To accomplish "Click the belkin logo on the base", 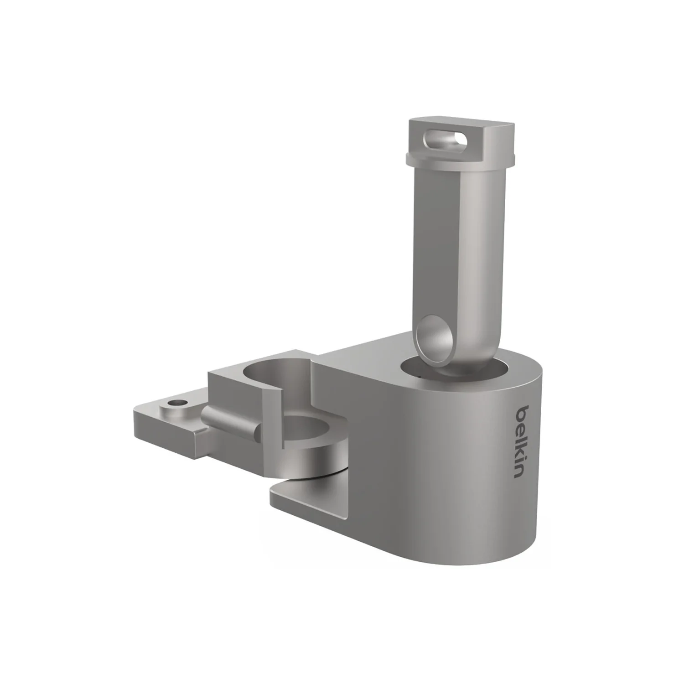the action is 523,441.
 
